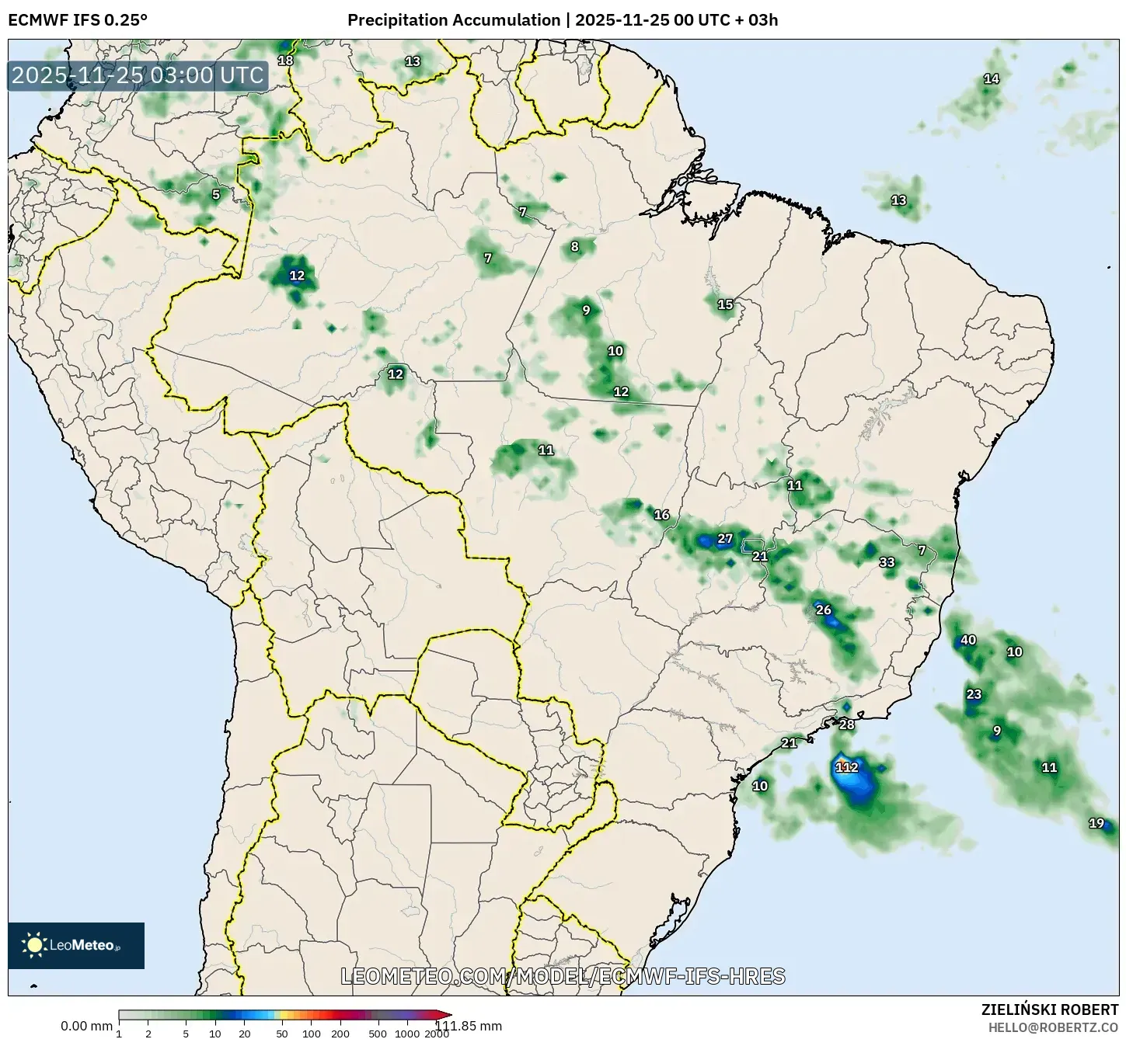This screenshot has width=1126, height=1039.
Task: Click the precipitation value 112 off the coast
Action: (x=847, y=767)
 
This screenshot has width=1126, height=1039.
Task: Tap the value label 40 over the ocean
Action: (x=968, y=641)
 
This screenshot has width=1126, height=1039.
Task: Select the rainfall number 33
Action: (x=887, y=562)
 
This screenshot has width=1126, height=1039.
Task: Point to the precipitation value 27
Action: (x=725, y=539)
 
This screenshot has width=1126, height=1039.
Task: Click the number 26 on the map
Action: (x=824, y=610)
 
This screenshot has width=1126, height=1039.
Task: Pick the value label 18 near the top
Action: (x=286, y=61)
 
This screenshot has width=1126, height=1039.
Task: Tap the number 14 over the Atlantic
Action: (x=992, y=78)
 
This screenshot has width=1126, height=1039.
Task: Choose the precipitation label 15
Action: (x=725, y=304)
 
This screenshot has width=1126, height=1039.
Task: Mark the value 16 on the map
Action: (x=661, y=515)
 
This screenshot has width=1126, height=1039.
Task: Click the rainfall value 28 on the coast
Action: (x=847, y=725)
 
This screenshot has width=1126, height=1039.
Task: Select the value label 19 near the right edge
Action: (x=1096, y=823)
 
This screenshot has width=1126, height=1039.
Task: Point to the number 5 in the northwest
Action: (x=216, y=195)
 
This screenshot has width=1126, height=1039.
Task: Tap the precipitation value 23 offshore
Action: (x=974, y=694)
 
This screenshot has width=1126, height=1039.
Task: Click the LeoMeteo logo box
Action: (x=76, y=945)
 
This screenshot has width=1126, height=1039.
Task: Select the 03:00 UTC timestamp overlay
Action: (x=138, y=75)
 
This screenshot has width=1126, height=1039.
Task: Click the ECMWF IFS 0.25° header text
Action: (x=78, y=19)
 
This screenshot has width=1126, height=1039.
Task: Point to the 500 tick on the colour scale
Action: (x=378, y=1034)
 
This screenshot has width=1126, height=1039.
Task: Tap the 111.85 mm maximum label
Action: (x=468, y=1026)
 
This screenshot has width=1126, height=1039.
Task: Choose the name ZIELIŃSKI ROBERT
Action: (x=1050, y=1009)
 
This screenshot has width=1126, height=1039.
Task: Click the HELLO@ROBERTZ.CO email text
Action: (x=1053, y=1027)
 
